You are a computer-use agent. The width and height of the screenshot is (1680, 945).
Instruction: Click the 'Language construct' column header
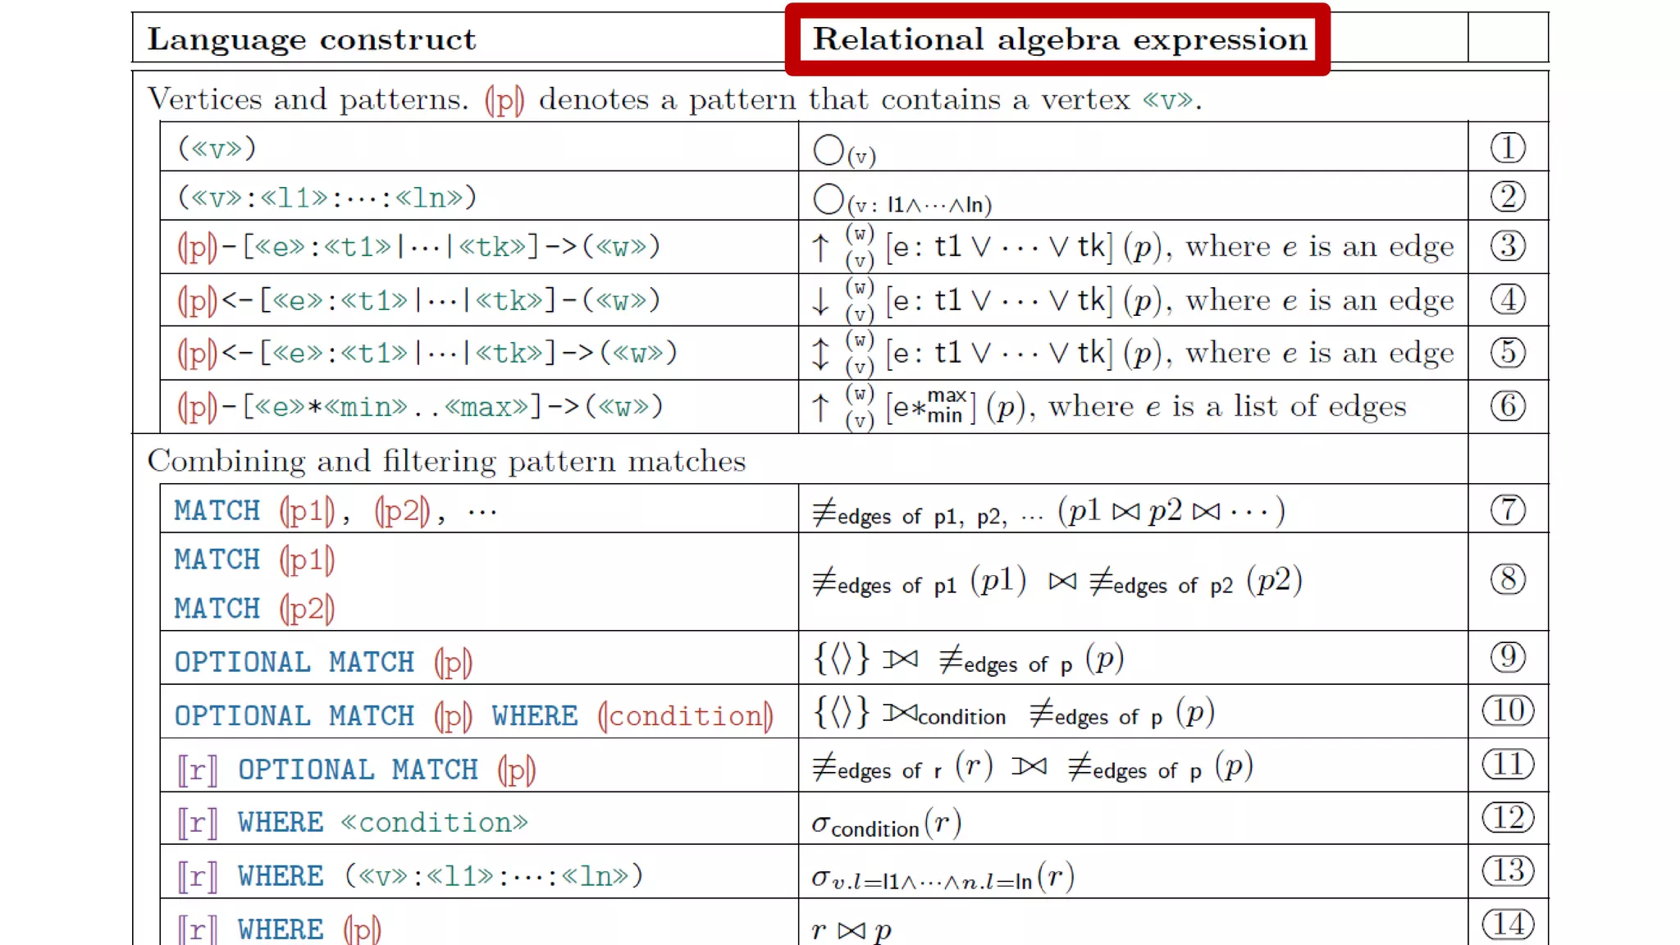312,39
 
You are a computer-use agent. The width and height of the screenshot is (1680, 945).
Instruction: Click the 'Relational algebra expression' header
1059,39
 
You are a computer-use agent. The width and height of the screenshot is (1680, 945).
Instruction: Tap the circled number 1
1508,148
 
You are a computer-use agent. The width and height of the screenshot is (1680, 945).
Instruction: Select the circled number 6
1508,406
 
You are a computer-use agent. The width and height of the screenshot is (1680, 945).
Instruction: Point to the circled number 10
1508,710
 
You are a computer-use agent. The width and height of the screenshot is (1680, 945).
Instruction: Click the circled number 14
1508,924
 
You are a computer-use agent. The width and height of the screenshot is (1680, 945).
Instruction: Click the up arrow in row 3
820,247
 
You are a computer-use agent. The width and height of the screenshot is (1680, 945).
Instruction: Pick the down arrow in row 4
820,301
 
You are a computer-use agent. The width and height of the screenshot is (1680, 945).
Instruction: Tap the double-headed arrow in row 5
820,354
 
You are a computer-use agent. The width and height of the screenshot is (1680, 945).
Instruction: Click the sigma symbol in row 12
820,824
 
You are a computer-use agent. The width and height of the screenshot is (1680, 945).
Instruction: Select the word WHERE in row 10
535,716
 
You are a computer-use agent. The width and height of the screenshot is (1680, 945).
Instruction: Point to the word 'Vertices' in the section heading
204,99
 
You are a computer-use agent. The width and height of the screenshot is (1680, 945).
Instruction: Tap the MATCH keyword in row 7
217,511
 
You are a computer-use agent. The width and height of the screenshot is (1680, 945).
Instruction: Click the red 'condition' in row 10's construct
686,716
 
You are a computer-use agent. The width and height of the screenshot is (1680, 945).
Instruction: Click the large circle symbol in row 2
829,199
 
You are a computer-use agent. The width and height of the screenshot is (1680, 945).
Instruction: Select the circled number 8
1508,579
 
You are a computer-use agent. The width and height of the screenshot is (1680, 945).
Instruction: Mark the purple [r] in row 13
198,876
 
